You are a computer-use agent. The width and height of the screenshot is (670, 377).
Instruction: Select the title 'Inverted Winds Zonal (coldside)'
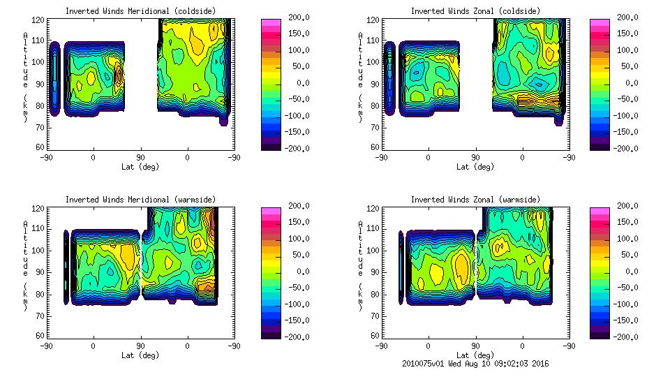475,11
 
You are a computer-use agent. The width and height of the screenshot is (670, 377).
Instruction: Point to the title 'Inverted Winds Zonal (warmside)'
475,200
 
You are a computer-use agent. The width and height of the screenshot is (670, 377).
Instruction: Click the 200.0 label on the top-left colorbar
299,17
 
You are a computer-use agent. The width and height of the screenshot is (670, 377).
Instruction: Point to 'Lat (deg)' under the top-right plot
475,167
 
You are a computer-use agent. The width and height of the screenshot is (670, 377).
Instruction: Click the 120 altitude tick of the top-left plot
40,21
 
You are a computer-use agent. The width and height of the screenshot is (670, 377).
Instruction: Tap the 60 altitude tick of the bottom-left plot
42,336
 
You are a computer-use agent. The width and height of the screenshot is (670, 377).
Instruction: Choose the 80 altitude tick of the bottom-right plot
375,295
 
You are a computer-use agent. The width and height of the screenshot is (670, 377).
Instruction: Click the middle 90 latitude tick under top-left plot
140,157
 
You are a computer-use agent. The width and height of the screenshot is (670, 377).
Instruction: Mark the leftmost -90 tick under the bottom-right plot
380,346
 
